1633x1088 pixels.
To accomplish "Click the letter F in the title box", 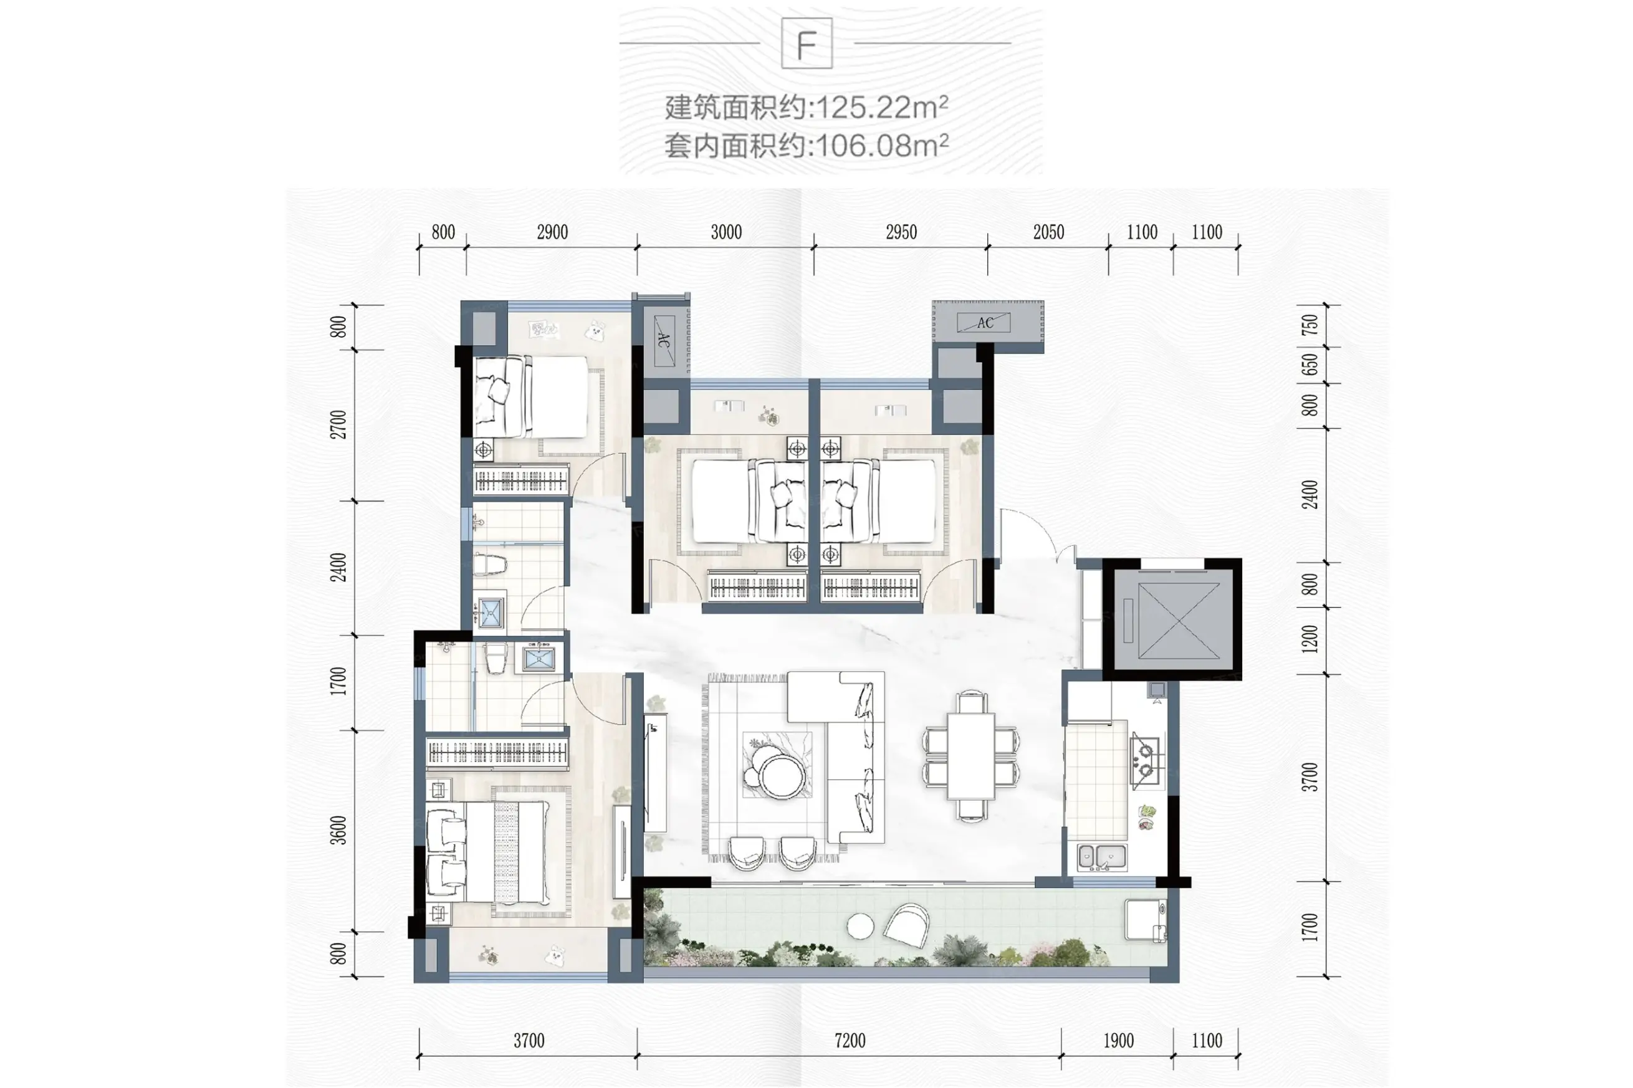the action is pyautogui.click(x=806, y=44).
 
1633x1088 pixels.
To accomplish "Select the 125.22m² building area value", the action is pyautogui.click(x=881, y=107).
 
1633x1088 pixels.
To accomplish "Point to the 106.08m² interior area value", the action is pyautogui.click(x=881, y=146).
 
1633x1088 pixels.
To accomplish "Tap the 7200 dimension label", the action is pyautogui.click(x=850, y=1041).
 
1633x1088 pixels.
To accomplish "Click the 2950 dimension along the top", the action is pyautogui.click(x=901, y=232).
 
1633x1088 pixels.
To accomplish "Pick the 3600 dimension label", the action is pyautogui.click(x=338, y=830).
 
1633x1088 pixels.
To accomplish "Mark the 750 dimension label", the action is pyautogui.click(x=1309, y=325).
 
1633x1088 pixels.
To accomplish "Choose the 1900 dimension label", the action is pyautogui.click(x=1118, y=1041).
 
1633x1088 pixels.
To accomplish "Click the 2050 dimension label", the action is pyautogui.click(x=1048, y=232).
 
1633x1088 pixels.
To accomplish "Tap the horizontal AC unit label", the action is pyautogui.click(x=985, y=323).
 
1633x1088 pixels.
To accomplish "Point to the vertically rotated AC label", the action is pyautogui.click(x=663, y=340).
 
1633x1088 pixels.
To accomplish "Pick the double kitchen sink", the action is pyautogui.click(x=1102, y=857).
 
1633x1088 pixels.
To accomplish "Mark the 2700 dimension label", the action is pyautogui.click(x=338, y=424).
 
